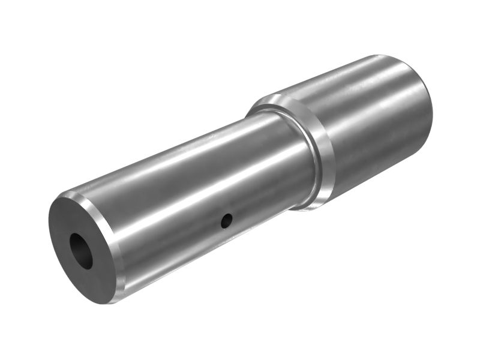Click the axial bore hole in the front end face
(x=80, y=250)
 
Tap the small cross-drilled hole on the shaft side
(x=226, y=221)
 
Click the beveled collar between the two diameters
(x=318, y=153)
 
